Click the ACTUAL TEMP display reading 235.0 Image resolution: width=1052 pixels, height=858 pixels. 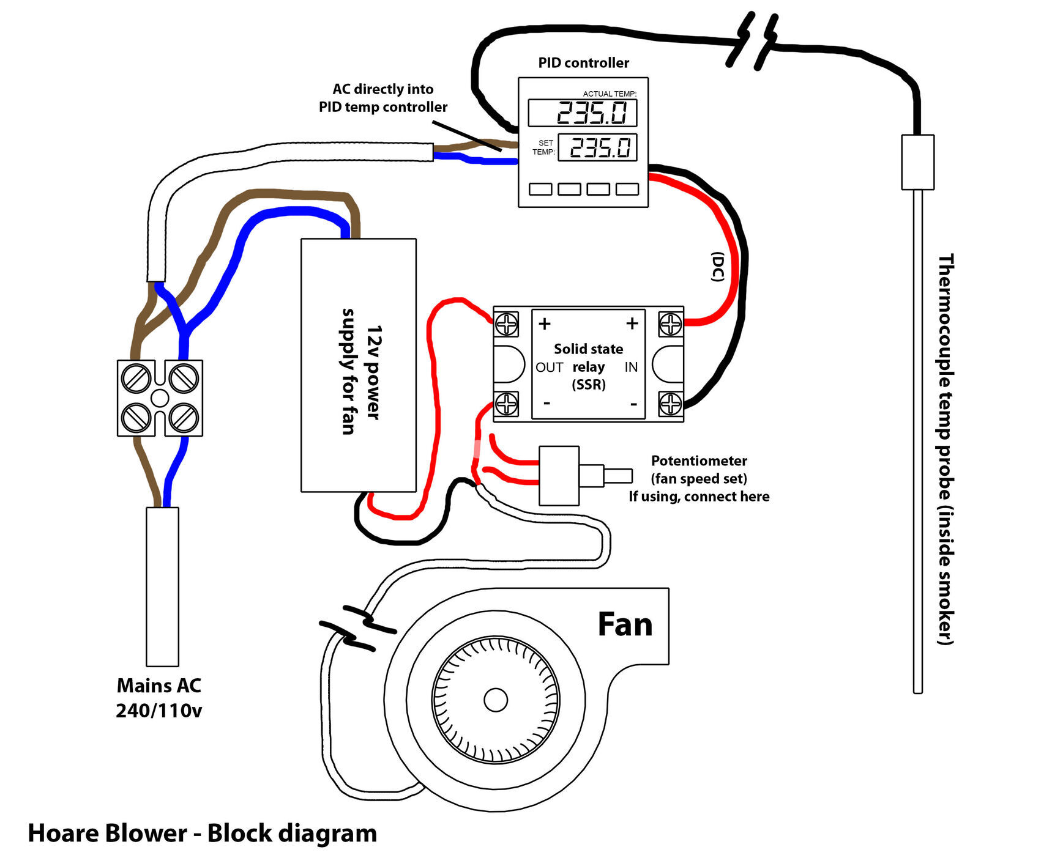pos(582,113)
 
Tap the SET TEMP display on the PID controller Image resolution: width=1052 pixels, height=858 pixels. pos(597,147)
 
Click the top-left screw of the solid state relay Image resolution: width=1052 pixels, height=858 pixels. pos(507,324)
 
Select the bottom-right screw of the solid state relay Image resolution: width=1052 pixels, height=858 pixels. pos(671,404)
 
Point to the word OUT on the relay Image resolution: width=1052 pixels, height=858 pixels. pos(549,367)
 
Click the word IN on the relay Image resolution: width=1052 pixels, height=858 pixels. pos(631,367)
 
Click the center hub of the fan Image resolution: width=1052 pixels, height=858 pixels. pos(496,700)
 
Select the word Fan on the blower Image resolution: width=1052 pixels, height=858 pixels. pos(625,624)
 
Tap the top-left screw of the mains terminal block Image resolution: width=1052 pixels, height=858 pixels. pos(136,378)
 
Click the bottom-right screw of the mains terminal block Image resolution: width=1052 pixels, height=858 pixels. pos(183,418)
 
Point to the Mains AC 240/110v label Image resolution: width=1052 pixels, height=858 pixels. pos(159,698)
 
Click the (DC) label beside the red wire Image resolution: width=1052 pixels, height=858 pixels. pos(718,267)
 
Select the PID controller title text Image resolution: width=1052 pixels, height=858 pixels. pos(584,62)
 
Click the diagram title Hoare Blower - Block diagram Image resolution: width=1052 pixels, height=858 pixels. pos(203,833)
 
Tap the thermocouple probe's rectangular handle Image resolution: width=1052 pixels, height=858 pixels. pos(917,162)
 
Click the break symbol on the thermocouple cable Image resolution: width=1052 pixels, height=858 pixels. pos(752,40)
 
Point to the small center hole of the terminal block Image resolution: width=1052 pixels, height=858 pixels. pos(160,398)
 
